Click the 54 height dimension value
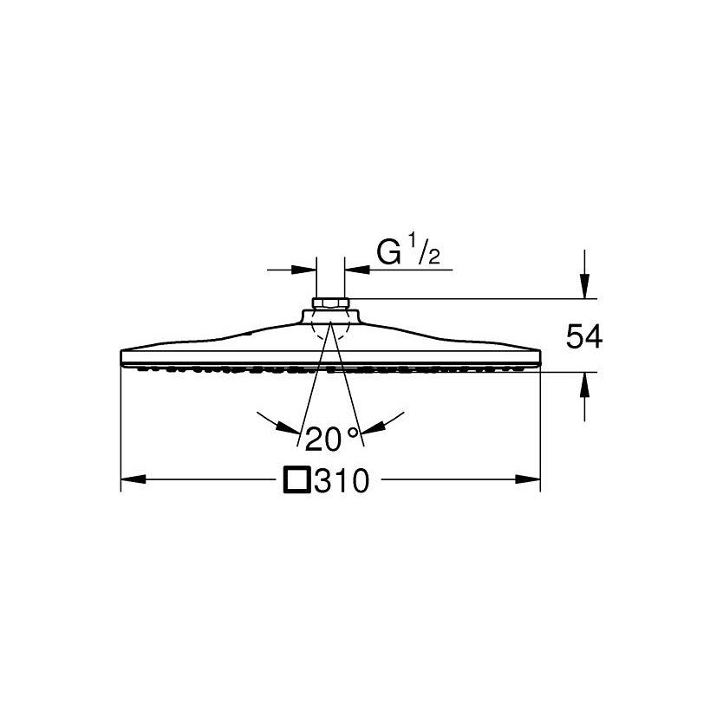(584, 336)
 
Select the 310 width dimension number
(342, 480)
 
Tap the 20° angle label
(331, 439)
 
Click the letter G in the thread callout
(388, 252)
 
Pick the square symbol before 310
(297, 480)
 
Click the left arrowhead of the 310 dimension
(134, 479)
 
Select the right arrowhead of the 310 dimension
(527, 479)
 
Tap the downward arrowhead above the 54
(584, 286)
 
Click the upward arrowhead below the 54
(584, 385)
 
